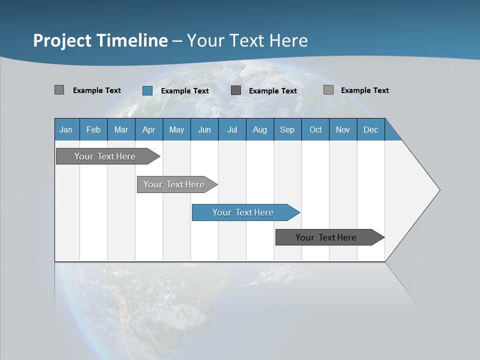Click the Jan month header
[x=66, y=129]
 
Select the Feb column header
[x=93, y=129]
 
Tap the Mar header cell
[x=121, y=129]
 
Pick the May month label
[x=176, y=129]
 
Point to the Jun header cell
[x=204, y=129]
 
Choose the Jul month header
[x=232, y=129]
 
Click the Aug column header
[x=260, y=129]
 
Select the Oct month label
[x=315, y=129]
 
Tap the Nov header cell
[x=343, y=129]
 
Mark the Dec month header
[x=371, y=129]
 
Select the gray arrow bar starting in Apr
[x=175, y=184]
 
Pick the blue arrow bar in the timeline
[x=244, y=212]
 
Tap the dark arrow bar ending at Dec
[x=327, y=237]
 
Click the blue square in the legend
[x=147, y=90]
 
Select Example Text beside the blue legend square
[x=185, y=91]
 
